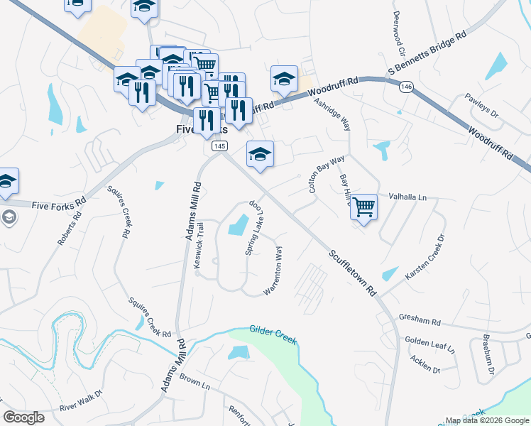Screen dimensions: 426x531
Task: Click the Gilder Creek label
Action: point(273,336)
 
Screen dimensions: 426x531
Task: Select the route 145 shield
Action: point(219,146)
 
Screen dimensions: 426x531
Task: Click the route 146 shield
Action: point(406,87)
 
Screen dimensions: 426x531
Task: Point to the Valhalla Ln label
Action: point(407,197)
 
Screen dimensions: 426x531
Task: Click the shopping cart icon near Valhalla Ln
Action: point(363,207)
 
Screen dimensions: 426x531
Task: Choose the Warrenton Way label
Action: point(275,271)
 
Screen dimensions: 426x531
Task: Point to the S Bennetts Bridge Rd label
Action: point(427,53)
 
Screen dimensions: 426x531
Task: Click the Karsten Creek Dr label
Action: point(425,257)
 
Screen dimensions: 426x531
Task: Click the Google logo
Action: point(24,417)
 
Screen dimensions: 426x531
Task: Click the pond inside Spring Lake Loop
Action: point(238,226)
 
